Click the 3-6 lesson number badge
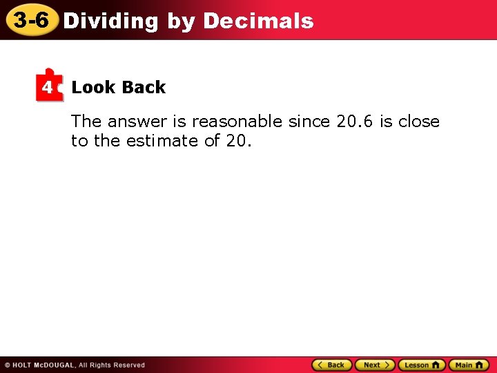(31, 21)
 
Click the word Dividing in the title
(110, 21)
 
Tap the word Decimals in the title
(258, 21)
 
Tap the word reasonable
(237, 122)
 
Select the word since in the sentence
(309, 122)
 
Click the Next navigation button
(375, 365)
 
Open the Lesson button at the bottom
(421, 365)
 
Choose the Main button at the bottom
(468, 365)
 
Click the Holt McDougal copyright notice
(75, 365)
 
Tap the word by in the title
(181, 21)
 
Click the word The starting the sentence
(86, 122)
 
